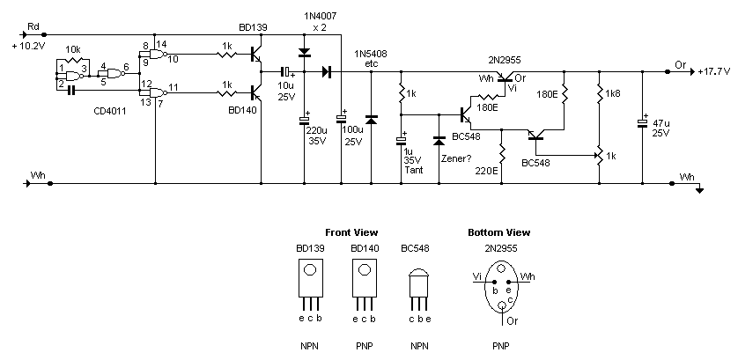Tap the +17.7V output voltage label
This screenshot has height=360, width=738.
(714, 72)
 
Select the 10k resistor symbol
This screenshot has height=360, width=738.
(72, 60)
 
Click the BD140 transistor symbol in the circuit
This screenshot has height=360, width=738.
(257, 92)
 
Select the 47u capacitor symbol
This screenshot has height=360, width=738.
(643, 122)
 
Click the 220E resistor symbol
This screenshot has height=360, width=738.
(502, 155)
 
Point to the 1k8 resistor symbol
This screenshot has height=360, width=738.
(599, 93)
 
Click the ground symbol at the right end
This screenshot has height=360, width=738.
(700, 188)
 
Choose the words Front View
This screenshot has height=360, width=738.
(351, 232)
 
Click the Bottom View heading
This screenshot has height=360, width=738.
(499, 232)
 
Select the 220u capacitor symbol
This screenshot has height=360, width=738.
(304, 121)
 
